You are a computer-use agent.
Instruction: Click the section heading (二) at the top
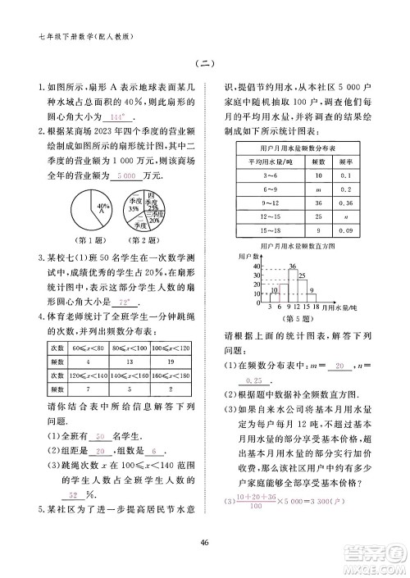205,65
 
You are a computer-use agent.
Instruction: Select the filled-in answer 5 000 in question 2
126,176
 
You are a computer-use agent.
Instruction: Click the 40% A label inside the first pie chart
102,208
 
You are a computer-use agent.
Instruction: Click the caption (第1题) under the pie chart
89,239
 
